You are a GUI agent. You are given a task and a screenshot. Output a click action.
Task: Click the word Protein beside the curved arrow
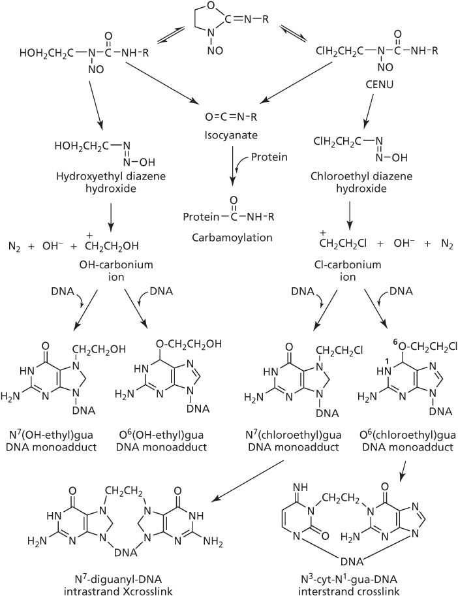(x=270, y=157)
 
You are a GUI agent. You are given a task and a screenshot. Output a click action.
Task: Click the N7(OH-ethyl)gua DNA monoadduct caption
(x=65, y=441)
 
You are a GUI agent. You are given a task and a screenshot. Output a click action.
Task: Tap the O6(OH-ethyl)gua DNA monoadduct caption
(x=161, y=441)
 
